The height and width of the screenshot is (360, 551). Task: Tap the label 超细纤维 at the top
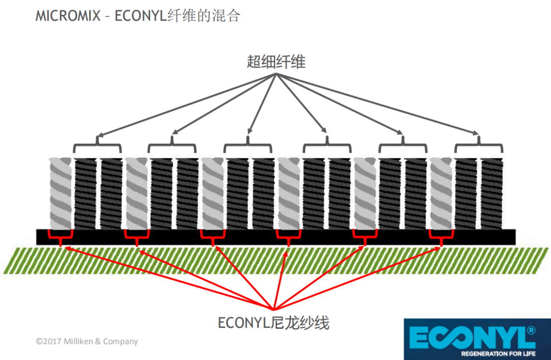point(275,62)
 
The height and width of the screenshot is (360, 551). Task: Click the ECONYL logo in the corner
point(477,339)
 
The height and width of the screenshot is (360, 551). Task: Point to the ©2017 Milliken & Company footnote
point(87,341)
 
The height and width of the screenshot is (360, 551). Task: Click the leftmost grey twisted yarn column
point(61,194)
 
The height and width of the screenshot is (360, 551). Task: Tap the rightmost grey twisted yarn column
point(441,194)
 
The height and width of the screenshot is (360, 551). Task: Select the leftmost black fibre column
point(85,194)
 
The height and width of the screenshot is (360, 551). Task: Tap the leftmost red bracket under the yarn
point(61,236)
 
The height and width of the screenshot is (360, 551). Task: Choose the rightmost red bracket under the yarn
point(441,236)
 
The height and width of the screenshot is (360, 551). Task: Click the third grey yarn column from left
point(213,194)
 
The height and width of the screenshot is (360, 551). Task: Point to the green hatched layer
point(275,260)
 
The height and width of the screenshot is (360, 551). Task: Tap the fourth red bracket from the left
point(289,236)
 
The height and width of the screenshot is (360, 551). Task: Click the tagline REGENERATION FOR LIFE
point(498,353)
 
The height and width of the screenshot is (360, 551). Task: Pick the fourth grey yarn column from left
point(289,194)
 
